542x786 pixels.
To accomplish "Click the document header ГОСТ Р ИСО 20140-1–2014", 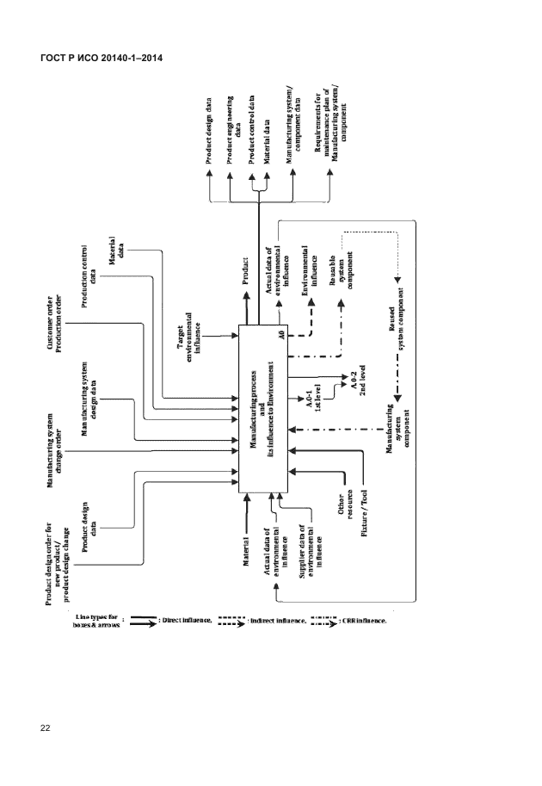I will point(103,58).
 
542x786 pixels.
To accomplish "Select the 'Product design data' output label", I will point(209,131).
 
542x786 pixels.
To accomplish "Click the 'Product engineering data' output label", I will point(231,129).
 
